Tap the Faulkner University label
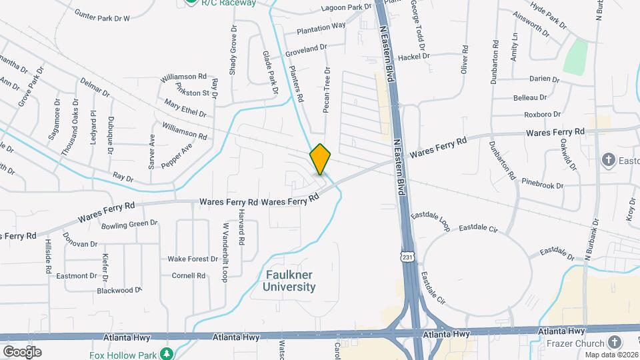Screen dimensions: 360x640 tap(289, 281)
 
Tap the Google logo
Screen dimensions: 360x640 tap(22, 351)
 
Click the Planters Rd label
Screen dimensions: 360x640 tap(297, 85)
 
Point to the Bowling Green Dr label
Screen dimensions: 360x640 tap(129, 224)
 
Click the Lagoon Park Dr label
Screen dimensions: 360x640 tap(346, 7)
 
